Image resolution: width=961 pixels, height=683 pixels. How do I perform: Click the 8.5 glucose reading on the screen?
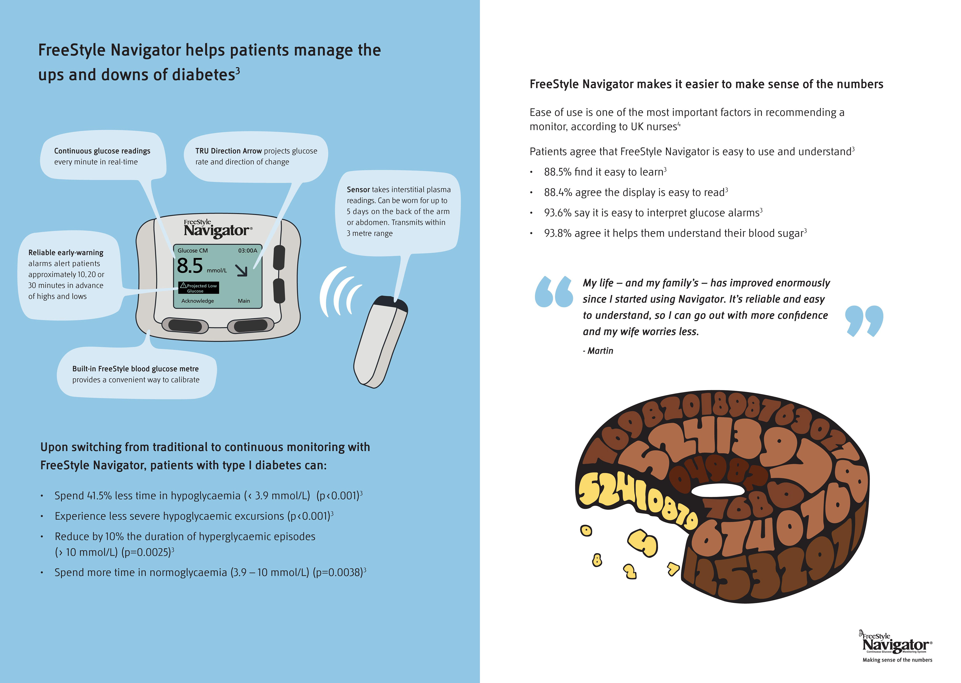[x=190, y=266]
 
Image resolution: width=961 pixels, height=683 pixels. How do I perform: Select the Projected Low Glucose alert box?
[x=198, y=288]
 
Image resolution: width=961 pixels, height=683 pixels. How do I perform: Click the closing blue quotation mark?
[x=864, y=320]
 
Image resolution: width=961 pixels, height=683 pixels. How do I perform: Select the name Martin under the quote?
[x=600, y=351]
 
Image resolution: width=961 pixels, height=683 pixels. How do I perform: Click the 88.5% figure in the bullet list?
[x=558, y=172]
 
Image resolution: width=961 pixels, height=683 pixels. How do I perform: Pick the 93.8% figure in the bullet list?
[x=558, y=233]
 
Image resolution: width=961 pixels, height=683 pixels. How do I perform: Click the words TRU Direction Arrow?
[x=228, y=151]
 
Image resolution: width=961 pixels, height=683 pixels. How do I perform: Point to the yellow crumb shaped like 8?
[x=597, y=560]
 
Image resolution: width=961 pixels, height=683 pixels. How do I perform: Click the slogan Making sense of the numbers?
[x=897, y=660]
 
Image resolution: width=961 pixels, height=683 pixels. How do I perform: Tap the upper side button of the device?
[x=279, y=257]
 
